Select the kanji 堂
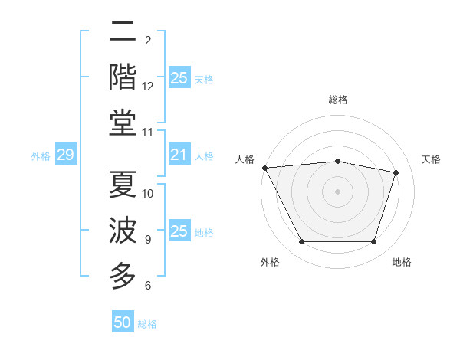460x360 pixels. pyautogui.click(x=123, y=124)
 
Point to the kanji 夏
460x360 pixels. pyautogui.click(x=123, y=185)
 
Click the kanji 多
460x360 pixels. pyautogui.click(x=123, y=276)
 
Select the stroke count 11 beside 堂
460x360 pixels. pyautogui.click(x=148, y=133)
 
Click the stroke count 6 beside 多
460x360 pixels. pyautogui.click(x=147, y=286)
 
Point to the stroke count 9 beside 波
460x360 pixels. pyautogui.click(x=147, y=240)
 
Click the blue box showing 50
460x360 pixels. pyautogui.click(x=123, y=322)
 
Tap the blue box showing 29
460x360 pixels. pyautogui.click(x=65, y=155)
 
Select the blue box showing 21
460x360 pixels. pyautogui.click(x=179, y=155)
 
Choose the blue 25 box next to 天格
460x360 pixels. pyautogui.click(x=179, y=78)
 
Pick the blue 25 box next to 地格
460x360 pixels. pyautogui.click(x=179, y=232)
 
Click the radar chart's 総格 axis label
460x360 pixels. pyautogui.click(x=338, y=100)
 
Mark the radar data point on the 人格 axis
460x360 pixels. pyautogui.click(x=264, y=168)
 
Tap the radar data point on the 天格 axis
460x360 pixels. pyautogui.click(x=396, y=172)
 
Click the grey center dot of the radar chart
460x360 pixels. pyautogui.click(x=338, y=191)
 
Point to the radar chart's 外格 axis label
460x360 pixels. pyautogui.click(x=270, y=262)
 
